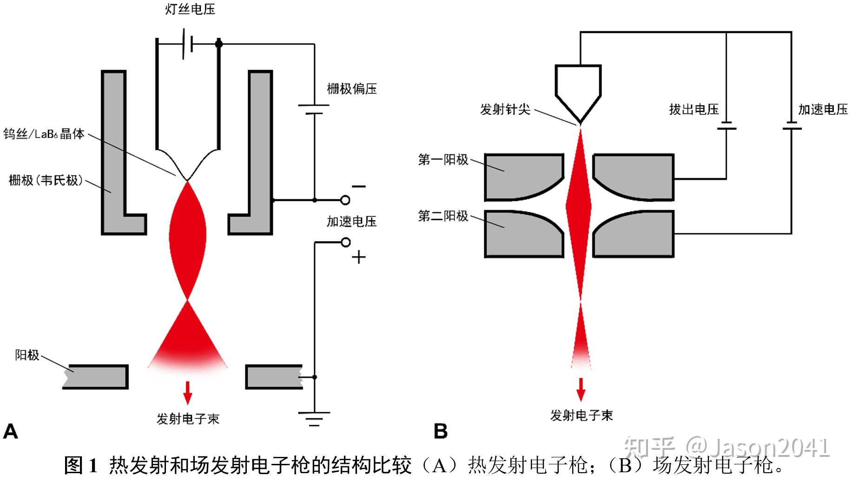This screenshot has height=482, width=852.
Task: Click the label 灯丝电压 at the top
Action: coord(190,10)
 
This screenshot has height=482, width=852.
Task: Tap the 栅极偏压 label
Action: coord(351,89)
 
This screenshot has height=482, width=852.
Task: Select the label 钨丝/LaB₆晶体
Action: coord(44,134)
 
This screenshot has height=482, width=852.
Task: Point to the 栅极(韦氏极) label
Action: coord(46,180)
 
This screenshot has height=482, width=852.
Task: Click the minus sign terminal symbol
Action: coord(358,187)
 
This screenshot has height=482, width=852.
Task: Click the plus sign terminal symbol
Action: coord(358,257)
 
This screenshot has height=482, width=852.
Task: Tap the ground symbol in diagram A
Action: coord(314,418)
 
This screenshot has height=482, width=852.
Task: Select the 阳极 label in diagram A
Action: coord(27,355)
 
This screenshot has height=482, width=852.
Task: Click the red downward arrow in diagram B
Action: coord(581,390)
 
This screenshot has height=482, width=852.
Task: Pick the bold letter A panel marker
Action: coord(10,431)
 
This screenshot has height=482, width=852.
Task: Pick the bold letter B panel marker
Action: coord(440,431)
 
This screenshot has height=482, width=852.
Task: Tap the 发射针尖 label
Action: coord(505,110)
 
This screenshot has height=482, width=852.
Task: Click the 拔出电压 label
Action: coord(693,110)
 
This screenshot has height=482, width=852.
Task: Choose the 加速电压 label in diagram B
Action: coord(823,110)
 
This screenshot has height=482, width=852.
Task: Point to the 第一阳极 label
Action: coord(443,160)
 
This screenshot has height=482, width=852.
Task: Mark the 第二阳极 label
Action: coord(443,216)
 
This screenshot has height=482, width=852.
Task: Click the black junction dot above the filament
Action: coord(219,44)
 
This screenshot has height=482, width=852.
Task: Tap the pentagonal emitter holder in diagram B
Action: coord(578,88)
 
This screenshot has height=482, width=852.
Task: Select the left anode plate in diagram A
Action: coord(96,376)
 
